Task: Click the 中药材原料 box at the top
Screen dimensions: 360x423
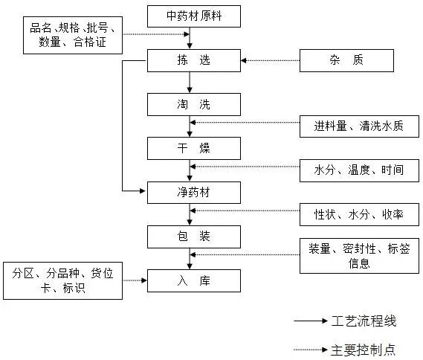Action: pos(194,16)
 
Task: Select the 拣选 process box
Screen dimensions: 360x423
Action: pos(194,60)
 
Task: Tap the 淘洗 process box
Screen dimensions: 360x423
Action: pos(194,104)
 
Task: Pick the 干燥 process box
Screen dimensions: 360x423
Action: pos(194,148)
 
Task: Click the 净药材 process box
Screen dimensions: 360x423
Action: pos(194,192)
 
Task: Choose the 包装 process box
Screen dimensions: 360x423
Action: pos(194,237)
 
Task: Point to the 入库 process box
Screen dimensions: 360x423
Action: pos(194,280)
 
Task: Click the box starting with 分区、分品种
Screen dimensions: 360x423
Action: pos(62,280)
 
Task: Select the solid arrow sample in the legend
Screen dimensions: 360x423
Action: pos(311,321)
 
